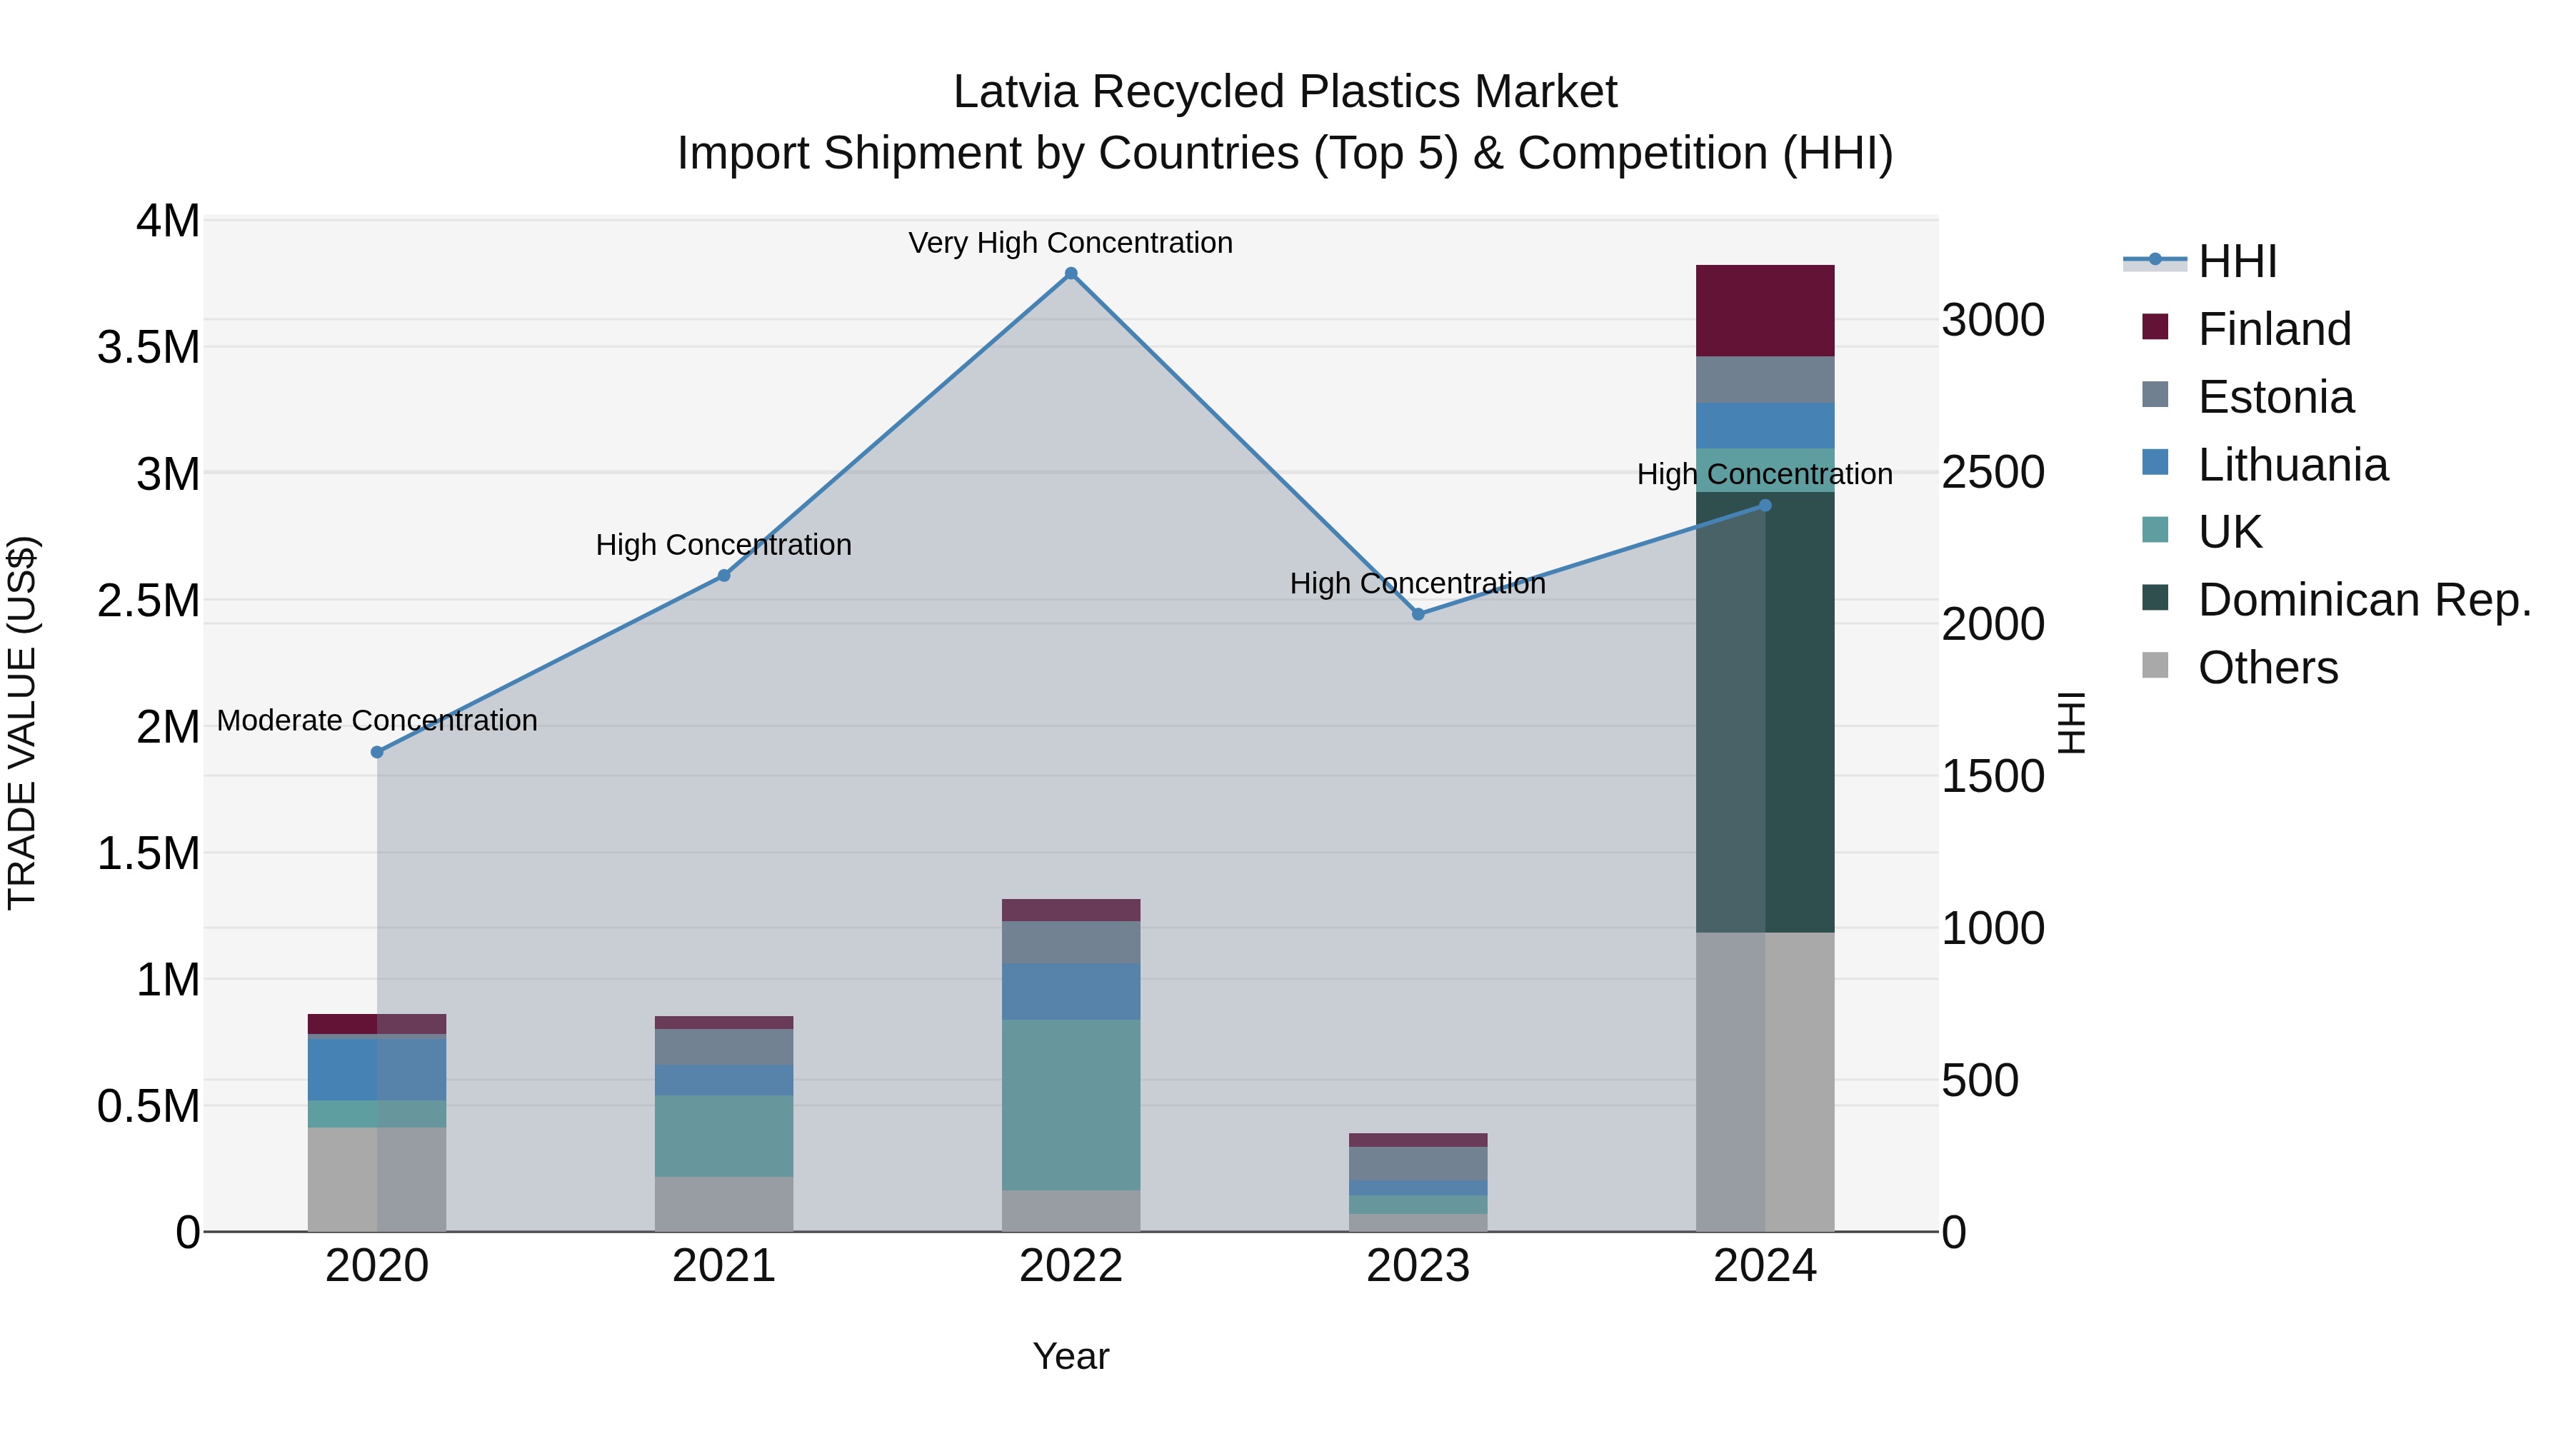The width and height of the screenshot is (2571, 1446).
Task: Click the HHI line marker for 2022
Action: click(x=1071, y=273)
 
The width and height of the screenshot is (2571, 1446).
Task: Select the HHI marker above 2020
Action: click(x=377, y=753)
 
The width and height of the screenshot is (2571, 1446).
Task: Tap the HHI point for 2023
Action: click(x=1418, y=615)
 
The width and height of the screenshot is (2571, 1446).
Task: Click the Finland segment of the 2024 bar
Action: click(x=1765, y=311)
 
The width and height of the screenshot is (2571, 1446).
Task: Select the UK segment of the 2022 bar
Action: click(x=1071, y=1105)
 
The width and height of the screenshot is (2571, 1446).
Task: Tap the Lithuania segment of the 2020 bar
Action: click(x=377, y=1070)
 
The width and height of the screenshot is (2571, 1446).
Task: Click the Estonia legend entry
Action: click(x=2275, y=397)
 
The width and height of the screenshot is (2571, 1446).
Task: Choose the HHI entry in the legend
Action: click(x=2237, y=261)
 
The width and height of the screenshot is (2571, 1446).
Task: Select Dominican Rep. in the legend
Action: click(x=2363, y=601)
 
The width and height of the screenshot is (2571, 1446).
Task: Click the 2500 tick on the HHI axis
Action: click(x=1992, y=473)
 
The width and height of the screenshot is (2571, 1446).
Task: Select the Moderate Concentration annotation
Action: click(x=377, y=721)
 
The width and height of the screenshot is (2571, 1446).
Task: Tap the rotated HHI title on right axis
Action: click(x=2072, y=723)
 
